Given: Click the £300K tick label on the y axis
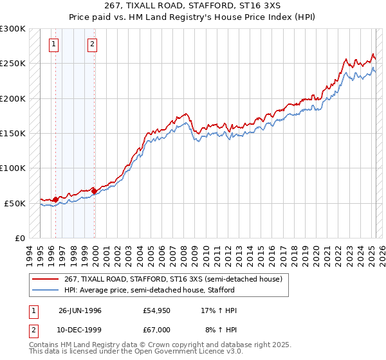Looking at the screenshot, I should pos(12,29).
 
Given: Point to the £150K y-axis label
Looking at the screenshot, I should pos(12,133).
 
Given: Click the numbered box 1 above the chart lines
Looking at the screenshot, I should pos(53,44).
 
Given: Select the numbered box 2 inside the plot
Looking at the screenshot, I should pos(92,44).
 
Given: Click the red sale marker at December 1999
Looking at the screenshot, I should pos(94,191).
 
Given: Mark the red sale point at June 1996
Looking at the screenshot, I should pos(56,199).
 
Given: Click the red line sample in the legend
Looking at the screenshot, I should pos(46,279).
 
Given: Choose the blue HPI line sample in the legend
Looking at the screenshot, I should pos(46,290).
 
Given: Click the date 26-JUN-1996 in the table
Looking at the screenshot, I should pos(80,310).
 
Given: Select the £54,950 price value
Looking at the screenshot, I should pos(157,310).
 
